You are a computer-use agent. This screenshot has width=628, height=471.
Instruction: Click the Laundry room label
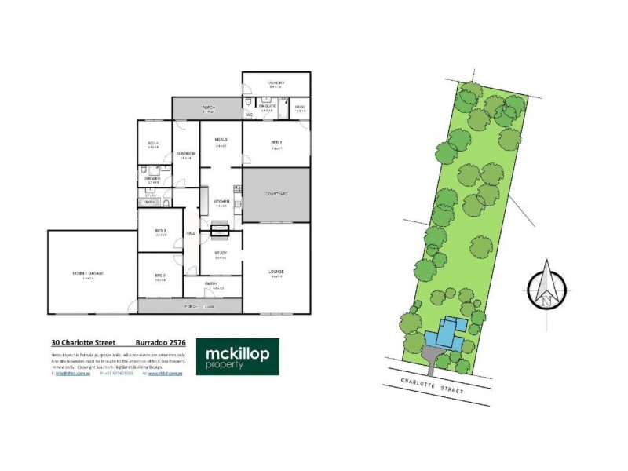275,82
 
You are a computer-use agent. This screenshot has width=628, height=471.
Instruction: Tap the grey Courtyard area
275,194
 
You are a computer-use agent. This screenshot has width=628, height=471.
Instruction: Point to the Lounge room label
276,272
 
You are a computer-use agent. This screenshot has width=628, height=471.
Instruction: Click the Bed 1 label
276,141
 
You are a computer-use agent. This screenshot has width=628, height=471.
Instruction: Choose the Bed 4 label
153,142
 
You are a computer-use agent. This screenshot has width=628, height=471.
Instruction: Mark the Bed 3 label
162,230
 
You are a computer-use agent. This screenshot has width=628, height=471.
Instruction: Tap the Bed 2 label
160,275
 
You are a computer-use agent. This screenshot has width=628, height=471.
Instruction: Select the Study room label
221,252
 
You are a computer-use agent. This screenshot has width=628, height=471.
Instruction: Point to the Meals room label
221,140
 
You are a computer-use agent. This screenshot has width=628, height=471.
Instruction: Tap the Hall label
190,232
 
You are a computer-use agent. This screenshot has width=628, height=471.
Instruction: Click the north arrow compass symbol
546,288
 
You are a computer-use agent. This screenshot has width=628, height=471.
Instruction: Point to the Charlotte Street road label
433,383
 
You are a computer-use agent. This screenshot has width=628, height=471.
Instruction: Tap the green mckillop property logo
232,357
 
